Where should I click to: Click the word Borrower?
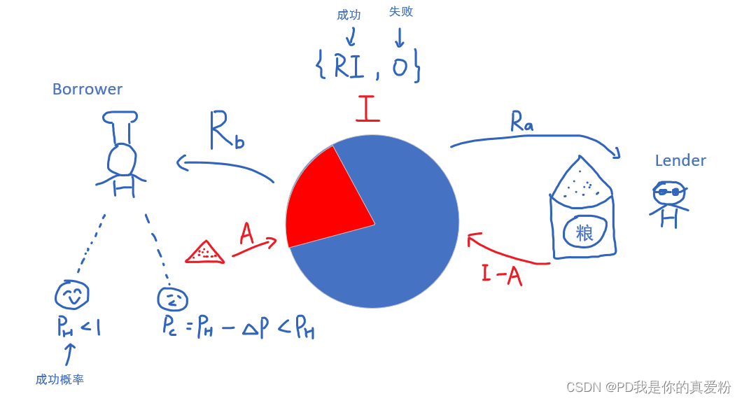click(87, 90)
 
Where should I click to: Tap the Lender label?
click(680, 161)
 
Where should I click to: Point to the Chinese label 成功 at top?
click(349, 15)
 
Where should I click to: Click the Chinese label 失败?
click(401, 12)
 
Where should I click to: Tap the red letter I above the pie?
click(367, 109)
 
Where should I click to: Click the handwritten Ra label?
click(521, 122)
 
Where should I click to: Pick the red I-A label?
click(502, 274)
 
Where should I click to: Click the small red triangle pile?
click(204, 253)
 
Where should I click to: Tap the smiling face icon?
click(72, 295)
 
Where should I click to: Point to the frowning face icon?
click(172, 300)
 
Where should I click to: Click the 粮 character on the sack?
click(584, 233)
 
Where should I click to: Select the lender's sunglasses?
click(669, 191)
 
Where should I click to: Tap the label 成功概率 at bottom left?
click(59, 379)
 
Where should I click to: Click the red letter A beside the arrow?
click(246, 233)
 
